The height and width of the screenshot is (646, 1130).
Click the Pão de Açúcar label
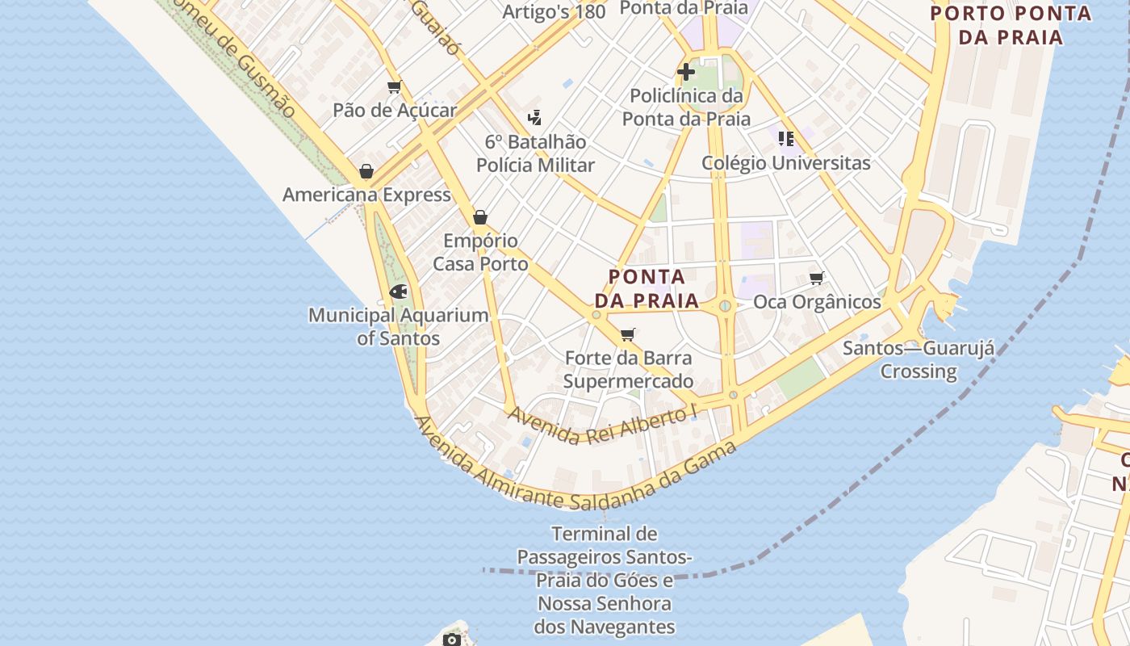[x=395, y=111]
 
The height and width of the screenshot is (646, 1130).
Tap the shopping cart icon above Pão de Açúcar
[x=394, y=87]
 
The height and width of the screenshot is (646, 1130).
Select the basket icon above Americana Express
[x=366, y=171]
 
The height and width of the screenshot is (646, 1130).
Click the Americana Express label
[x=366, y=195]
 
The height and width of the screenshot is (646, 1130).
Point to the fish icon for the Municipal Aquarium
[x=398, y=292]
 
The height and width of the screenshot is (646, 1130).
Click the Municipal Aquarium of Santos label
[x=399, y=326]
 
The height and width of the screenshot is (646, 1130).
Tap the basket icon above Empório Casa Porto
[x=480, y=217]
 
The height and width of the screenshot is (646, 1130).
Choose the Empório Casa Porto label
[x=481, y=252]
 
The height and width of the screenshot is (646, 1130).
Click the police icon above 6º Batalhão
[x=534, y=118]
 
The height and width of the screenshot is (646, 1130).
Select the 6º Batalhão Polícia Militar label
[x=535, y=153]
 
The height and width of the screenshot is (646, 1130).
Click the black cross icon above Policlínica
[x=686, y=72]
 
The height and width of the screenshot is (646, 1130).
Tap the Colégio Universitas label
[x=785, y=162]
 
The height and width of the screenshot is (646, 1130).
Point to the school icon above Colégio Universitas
[x=786, y=138]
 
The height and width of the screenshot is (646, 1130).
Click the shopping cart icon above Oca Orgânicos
[x=816, y=279]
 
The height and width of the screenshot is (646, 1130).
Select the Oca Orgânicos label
[x=817, y=302]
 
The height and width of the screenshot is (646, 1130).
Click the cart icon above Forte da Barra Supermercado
[x=628, y=334]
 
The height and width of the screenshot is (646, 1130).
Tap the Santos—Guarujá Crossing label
[x=919, y=360]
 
